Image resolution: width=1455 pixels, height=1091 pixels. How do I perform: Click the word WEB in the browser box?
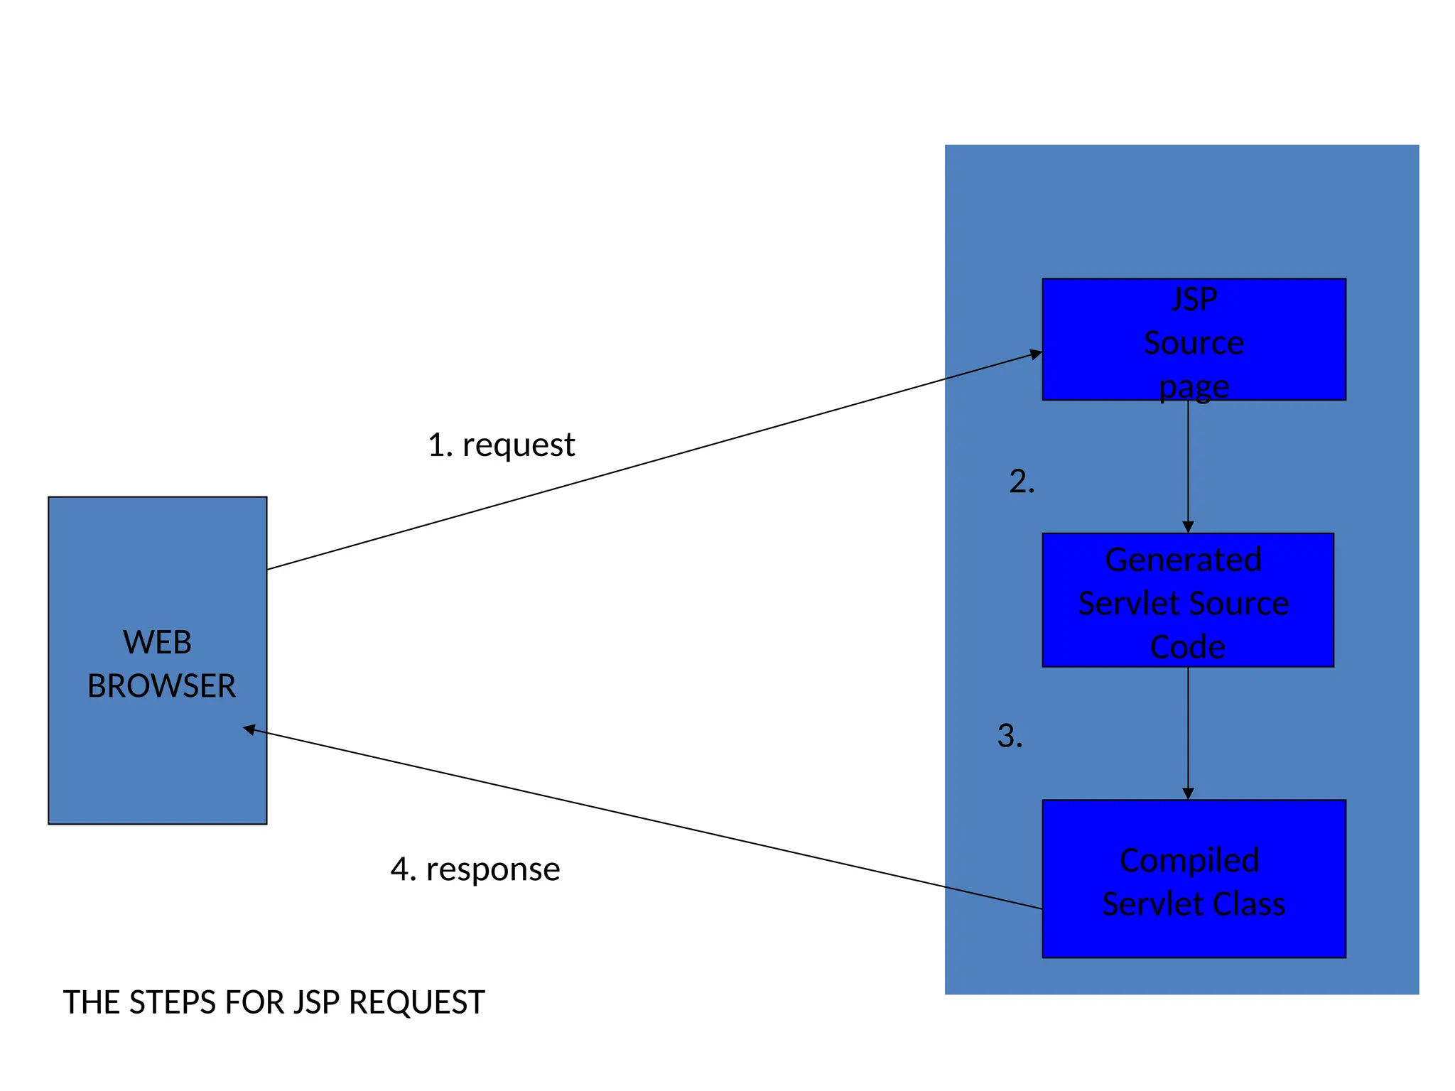[x=157, y=642]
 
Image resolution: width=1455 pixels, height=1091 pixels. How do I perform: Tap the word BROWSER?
[x=161, y=686]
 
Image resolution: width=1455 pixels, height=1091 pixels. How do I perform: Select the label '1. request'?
[x=501, y=445]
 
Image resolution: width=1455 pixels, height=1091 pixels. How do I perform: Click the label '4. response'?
[x=475, y=869]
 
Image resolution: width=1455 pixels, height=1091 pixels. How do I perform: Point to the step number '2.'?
[x=1022, y=482]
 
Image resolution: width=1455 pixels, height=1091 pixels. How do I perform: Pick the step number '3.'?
[x=1010, y=736]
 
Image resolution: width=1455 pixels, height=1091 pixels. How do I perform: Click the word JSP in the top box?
[x=1194, y=299]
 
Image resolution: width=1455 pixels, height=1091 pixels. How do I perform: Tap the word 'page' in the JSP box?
[x=1194, y=388]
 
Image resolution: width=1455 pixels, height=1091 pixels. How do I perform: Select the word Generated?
[x=1184, y=560]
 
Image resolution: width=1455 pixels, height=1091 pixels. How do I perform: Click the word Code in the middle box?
[x=1187, y=647]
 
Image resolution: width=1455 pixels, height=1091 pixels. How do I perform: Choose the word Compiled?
[x=1189, y=860]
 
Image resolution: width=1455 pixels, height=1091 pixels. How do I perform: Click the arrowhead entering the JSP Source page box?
[x=1037, y=354]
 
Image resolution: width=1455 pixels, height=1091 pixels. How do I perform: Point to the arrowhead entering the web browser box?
[x=249, y=729]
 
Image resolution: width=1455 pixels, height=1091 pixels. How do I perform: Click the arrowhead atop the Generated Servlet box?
[x=1188, y=527]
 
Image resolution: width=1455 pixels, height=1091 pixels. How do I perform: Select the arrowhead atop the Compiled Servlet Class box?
[x=1188, y=793]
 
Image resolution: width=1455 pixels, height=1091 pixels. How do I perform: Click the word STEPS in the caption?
[x=173, y=1002]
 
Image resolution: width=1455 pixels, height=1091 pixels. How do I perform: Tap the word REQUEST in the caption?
[x=417, y=1002]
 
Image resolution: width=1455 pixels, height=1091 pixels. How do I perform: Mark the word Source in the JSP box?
[x=1194, y=343]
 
